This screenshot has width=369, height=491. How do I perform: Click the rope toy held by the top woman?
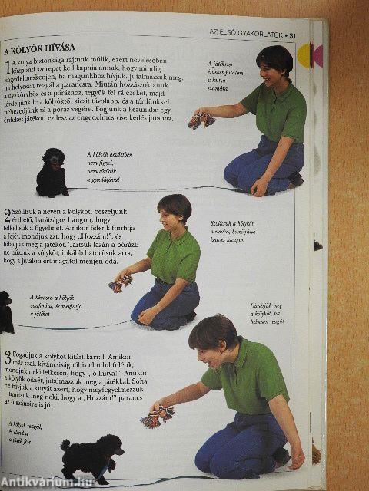pos(201,120)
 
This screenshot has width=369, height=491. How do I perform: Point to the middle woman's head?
pos(174,210)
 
